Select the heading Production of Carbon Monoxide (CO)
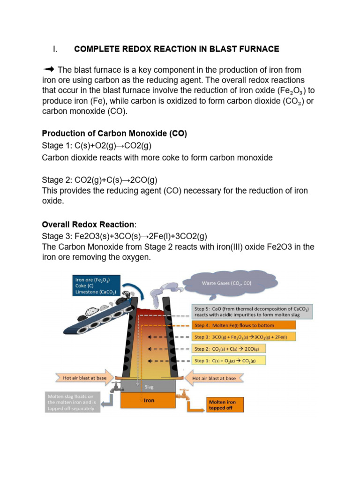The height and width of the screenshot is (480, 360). click(114, 134)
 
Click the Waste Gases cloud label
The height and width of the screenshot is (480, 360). click(226, 283)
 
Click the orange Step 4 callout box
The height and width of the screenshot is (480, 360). click(244, 325)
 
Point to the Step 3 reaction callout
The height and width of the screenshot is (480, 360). click(244, 337)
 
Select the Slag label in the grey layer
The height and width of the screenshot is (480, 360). click(148, 387)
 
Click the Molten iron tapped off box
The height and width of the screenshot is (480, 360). click(225, 405)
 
